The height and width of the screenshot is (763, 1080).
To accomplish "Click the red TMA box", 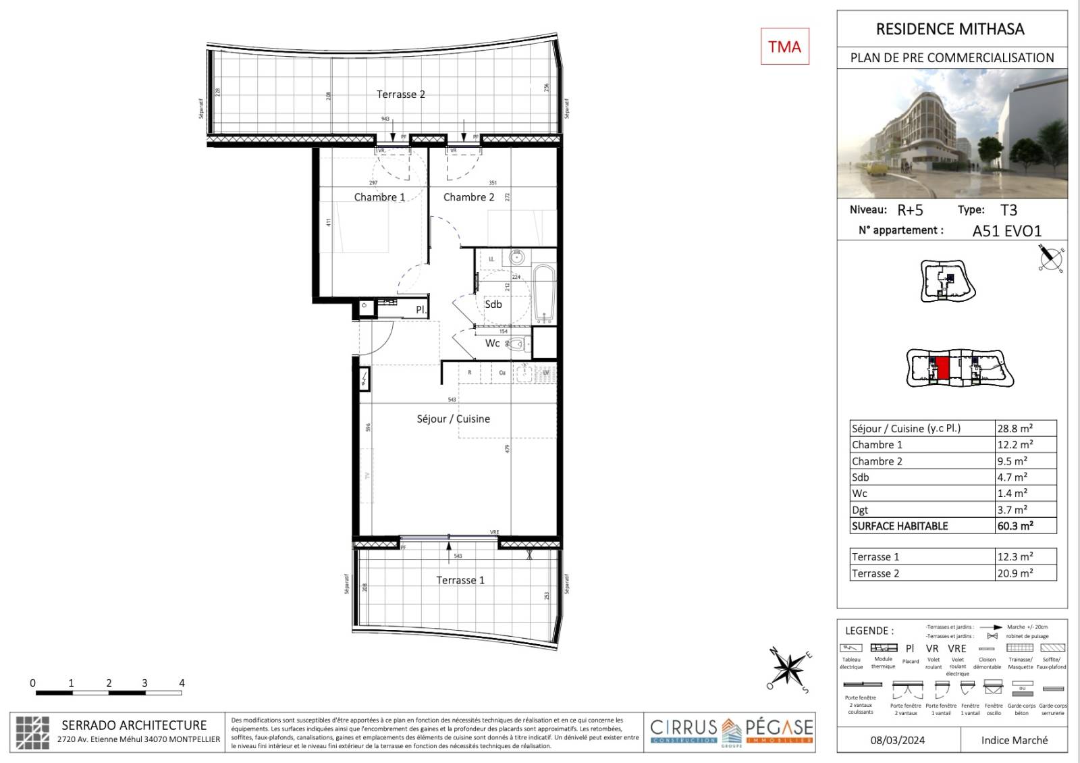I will tap(784, 47).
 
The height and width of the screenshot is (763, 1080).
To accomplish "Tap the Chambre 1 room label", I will tap(379, 197).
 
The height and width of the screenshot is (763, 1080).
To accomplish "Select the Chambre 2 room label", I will tap(468, 197).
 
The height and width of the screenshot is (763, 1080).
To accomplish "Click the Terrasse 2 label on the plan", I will tap(400, 95).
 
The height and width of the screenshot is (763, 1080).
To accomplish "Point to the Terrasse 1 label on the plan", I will tap(460, 580).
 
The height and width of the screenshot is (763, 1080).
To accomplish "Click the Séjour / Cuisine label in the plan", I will tap(453, 419).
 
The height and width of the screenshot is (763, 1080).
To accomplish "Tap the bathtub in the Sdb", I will tap(543, 293).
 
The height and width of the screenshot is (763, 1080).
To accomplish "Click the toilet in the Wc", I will tap(516, 344).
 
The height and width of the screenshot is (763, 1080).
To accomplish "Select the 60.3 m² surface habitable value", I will tap(1015, 526).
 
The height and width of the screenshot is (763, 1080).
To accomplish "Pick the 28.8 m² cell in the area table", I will tap(1015, 428).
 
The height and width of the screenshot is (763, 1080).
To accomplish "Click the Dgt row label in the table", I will tap(860, 510).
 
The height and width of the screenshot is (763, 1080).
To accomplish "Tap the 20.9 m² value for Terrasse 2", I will tap(1015, 573).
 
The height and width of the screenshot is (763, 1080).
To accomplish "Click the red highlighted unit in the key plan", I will tap(943, 369).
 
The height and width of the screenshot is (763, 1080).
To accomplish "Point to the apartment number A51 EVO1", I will tap(1006, 231).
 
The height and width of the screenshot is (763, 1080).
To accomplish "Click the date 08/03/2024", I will tap(898, 740).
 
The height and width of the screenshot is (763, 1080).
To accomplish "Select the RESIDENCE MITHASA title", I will tap(950, 29).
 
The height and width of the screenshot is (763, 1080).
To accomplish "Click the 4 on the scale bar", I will tap(181, 683).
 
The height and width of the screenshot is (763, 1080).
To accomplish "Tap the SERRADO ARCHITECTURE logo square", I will tap(32, 732).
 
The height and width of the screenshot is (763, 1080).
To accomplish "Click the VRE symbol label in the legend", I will tap(957, 648).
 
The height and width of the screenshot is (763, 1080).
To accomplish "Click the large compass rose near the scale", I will tap(788, 669).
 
